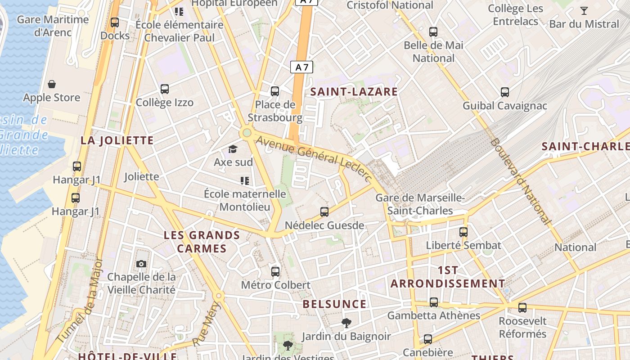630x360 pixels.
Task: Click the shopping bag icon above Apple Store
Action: [52, 84]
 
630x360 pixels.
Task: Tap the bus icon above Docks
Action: [115, 22]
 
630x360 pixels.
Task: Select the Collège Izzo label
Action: [165, 103]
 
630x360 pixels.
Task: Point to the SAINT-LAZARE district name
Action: [354, 92]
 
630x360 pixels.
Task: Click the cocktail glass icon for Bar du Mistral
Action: [584, 11]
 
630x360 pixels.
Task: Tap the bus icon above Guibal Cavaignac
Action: [505, 92]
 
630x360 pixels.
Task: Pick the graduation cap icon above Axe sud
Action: [233, 149]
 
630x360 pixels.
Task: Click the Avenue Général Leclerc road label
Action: [314, 159]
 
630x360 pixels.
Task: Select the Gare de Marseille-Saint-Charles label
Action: [420, 204]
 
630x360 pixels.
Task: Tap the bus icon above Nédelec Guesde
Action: [324, 211]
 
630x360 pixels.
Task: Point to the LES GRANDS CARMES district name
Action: [202, 242]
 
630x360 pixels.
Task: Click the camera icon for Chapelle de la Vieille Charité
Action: [141, 264]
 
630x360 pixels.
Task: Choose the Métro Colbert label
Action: [275, 285]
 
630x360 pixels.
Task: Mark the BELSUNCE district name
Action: [334, 304]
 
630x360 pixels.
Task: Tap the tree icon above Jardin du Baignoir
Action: [346, 323]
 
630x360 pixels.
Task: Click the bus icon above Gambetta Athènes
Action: [434, 302]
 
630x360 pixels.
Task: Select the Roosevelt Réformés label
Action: [522, 328]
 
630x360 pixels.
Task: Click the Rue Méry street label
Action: [207, 324]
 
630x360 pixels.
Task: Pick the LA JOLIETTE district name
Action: [117, 140]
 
